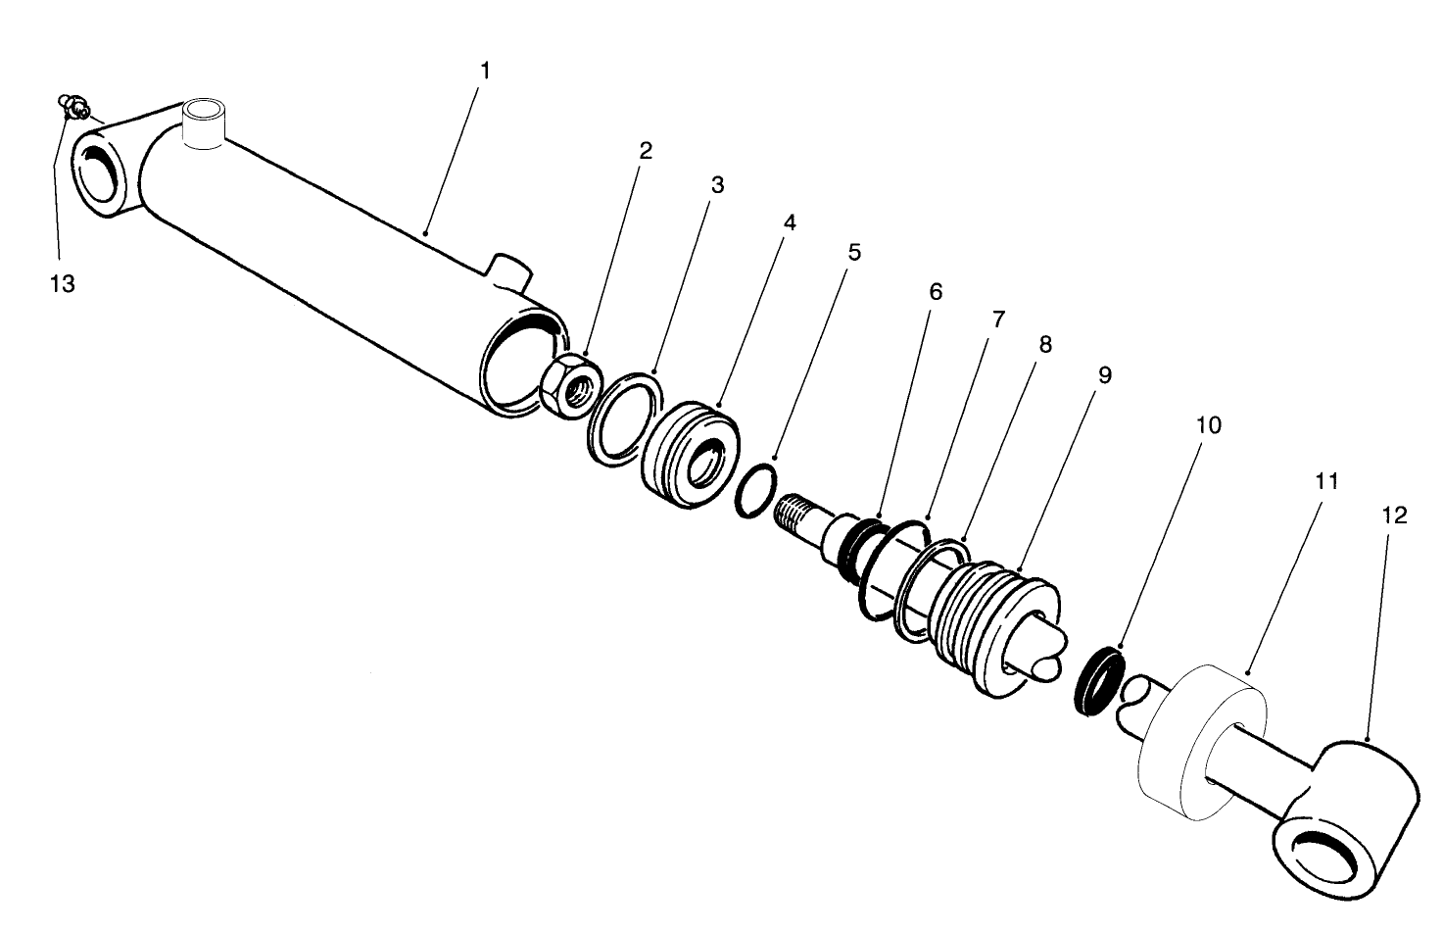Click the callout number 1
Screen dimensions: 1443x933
485,71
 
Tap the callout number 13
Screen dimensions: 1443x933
62,284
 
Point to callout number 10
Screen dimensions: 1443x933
1209,425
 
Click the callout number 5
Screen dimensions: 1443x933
854,253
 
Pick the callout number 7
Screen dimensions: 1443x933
997,319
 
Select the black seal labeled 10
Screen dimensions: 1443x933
1096,682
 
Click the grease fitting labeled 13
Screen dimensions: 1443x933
74,104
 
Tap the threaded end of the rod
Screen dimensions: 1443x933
797,513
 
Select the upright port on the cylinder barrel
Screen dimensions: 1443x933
206,123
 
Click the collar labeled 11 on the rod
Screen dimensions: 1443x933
1201,741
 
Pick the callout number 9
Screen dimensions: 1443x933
1104,374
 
